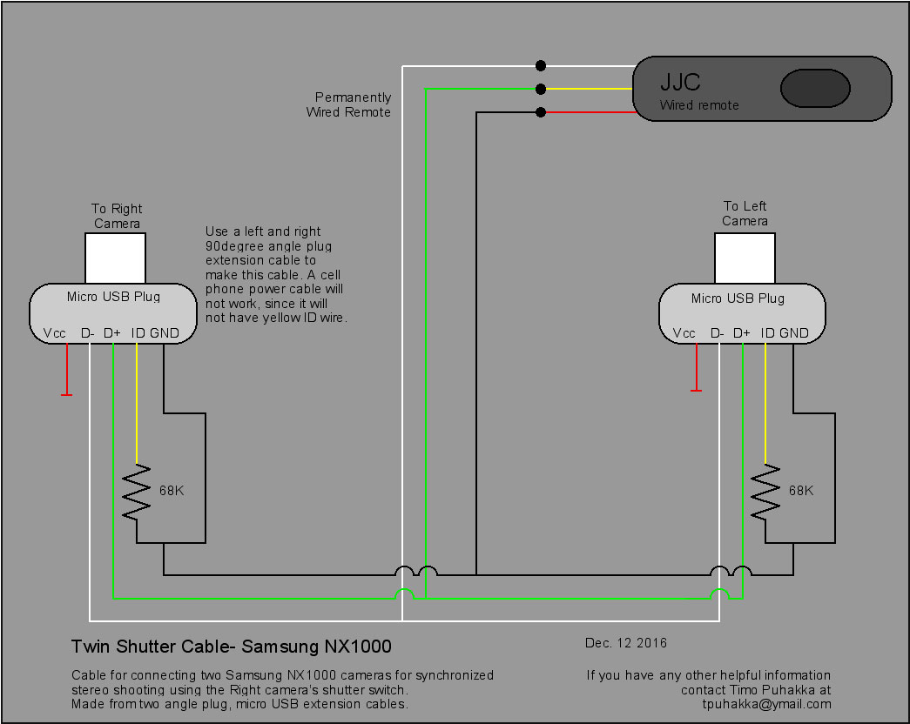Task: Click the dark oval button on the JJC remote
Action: [x=815, y=89]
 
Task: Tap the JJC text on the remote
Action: [x=680, y=83]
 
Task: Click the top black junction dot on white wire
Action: [x=541, y=65]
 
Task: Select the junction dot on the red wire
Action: [x=541, y=112]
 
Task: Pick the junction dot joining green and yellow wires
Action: [x=541, y=89]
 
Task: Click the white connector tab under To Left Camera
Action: [x=744, y=258]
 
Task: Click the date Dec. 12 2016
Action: [x=626, y=643]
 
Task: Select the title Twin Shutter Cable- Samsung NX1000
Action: [x=231, y=647]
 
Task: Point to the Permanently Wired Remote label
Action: [x=350, y=104]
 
